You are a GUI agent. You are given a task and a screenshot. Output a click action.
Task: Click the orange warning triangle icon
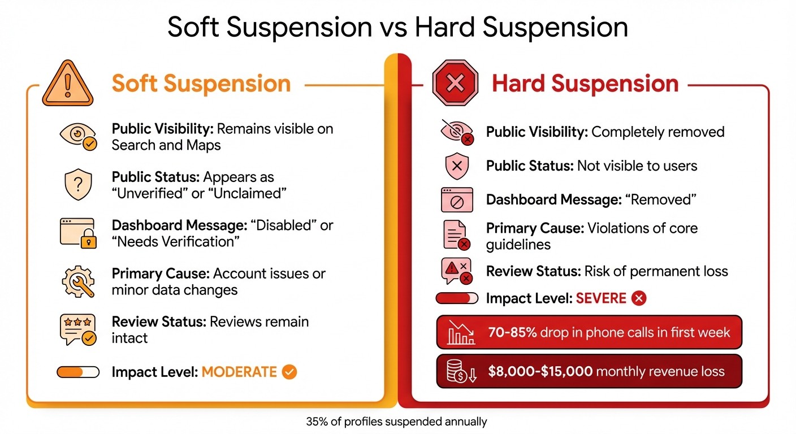tap(68, 84)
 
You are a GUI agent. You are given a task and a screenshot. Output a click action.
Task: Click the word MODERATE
tap(239, 372)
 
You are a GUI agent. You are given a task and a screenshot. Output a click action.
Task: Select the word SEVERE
tap(601, 298)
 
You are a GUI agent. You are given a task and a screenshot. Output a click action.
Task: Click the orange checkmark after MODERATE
tap(289, 372)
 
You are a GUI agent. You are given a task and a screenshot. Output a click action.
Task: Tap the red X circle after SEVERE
tap(638, 298)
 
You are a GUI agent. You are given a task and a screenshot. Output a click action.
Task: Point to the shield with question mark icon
tap(78, 185)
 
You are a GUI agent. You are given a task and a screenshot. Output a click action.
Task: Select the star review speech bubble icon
tap(78, 330)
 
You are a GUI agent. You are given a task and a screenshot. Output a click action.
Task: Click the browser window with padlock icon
tap(78, 233)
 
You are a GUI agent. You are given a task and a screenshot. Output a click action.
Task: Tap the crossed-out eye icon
tap(456, 132)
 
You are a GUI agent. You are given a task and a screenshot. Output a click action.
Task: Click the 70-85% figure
tap(512, 332)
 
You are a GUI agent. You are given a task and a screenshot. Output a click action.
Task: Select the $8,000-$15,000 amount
tap(540, 371)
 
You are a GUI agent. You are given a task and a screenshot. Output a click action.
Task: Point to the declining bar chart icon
tap(461, 332)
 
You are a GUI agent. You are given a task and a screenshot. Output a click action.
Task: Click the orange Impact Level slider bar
tap(78, 372)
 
